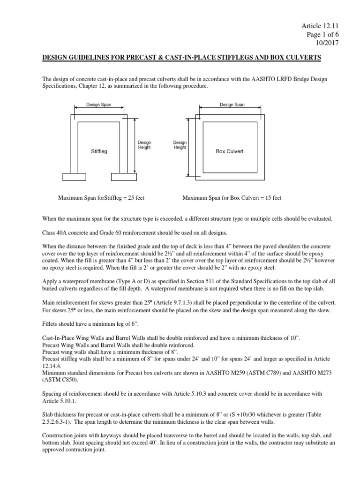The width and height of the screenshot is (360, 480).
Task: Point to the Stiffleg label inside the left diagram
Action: tap(99, 151)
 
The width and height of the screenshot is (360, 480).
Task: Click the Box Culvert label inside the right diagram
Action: tap(229, 151)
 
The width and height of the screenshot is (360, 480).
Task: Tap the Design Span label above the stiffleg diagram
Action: tap(98, 105)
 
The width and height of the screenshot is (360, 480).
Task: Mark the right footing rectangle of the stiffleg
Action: tap(123, 177)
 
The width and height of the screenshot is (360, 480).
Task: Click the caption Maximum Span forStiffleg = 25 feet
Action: tap(101, 198)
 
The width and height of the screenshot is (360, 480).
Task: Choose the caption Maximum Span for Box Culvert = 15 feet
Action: tap(232, 198)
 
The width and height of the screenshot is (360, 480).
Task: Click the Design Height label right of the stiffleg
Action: tap(144, 144)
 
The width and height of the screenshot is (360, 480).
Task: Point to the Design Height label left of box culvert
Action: tap(180, 144)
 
